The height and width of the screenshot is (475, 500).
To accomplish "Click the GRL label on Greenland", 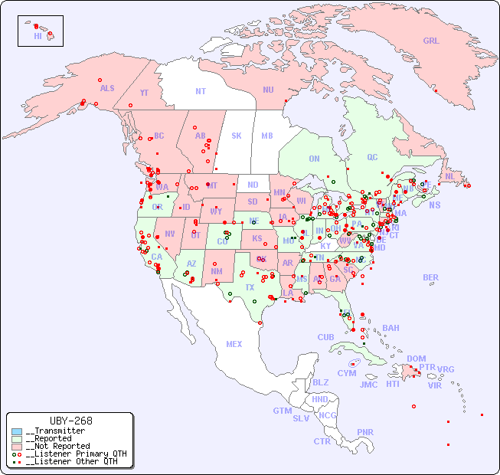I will pyautogui.click(x=431, y=41).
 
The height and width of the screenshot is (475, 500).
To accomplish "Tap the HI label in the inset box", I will pyautogui.click(x=38, y=35).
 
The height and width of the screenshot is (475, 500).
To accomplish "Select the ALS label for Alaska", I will pyautogui.click(x=107, y=88).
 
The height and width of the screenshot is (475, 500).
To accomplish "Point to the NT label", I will pyautogui.click(x=200, y=90).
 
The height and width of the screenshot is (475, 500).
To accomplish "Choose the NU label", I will pyautogui.click(x=268, y=90).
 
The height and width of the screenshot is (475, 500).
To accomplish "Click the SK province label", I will pyautogui.click(x=237, y=136).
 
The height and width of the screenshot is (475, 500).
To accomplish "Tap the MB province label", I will pyautogui.click(x=267, y=136).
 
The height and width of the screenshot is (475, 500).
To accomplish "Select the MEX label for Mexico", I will pyautogui.click(x=234, y=344).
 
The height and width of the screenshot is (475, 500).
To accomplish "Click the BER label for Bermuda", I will pyautogui.click(x=431, y=277).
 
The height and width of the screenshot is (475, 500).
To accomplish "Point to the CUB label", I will pyautogui.click(x=325, y=337).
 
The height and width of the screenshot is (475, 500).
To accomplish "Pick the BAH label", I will pyautogui.click(x=391, y=328).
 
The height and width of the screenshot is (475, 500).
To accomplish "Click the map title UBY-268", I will pyautogui.click(x=70, y=421).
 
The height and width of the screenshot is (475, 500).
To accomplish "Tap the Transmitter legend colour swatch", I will pyautogui.click(x=17, y=431).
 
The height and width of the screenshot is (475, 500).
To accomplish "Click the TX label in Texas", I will pyautogui.click(x=250, y=287).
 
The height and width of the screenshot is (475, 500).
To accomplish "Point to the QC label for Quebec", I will pyautogui.click(x=372, y=157).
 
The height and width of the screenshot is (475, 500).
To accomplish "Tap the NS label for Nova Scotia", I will pyautogui.click(x=434, y=205).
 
